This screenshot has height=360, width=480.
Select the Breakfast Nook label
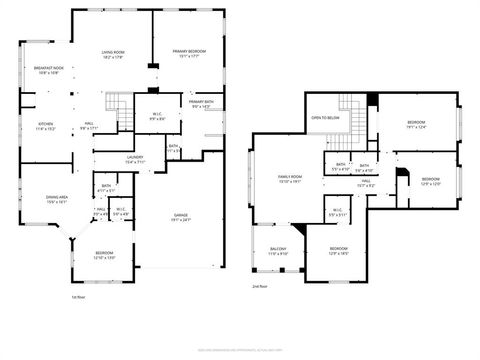(x=48, y=68)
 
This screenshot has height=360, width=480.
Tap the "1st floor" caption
(x=77, y=296)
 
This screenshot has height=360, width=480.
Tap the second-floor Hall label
(x=367, y=183)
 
